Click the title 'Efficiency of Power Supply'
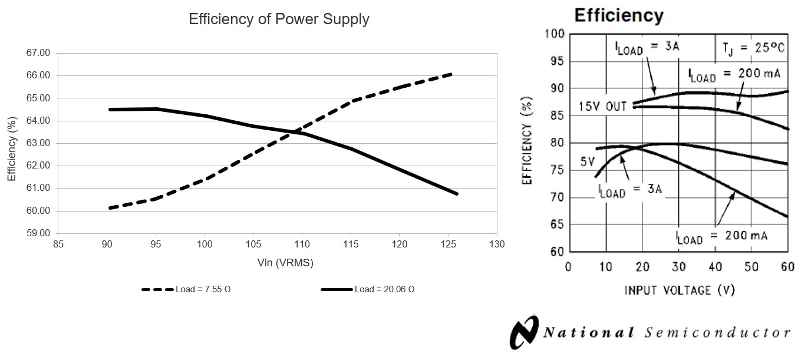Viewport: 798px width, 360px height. (x=279, y=19)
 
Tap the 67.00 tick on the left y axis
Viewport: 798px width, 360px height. (x=39, y=53)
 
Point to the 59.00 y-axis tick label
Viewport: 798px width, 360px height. (x=39, y=233)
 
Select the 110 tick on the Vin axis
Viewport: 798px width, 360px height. (x=302, y=244)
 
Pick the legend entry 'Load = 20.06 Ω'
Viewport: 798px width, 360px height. (x=368, y=289)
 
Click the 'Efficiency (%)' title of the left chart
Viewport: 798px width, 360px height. (x=11, y=143)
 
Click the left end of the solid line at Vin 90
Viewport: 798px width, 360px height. (x=110, y=110)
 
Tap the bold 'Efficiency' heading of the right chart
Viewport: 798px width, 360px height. (x=619, y=15)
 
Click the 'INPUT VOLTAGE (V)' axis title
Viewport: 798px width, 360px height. (x=680, y=290)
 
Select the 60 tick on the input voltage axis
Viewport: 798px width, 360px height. (x=787, y=266)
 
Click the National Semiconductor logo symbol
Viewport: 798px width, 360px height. (x=524, y=332)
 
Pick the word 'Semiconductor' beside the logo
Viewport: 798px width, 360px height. (x=717, y=332)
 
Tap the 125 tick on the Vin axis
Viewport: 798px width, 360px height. (x=448, y=244)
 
